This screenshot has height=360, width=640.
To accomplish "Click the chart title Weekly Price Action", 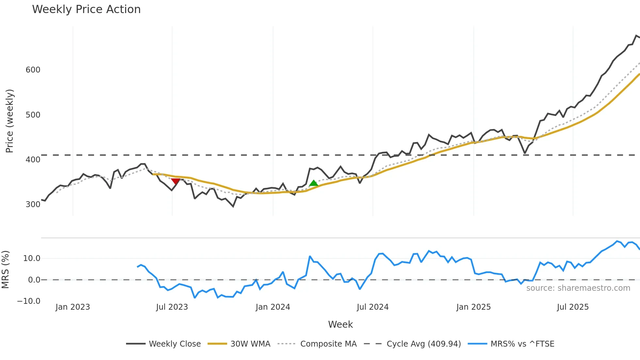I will click(x=86, y=9).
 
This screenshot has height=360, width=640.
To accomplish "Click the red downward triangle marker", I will click(x=176, y=181).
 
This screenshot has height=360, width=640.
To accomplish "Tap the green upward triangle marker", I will click(x=313, y=183).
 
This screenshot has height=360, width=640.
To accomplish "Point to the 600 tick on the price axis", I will click(x=33, y=70).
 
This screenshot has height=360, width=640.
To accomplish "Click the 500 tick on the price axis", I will click(x=33, y=115).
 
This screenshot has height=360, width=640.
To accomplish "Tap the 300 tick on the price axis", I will click(x=33, y=205).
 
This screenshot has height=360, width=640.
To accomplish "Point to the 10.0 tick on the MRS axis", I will click(x=32, y=258).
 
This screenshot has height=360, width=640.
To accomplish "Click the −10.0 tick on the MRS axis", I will click(x=29, y=301).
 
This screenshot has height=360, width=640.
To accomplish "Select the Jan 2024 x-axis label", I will click(x=273, y=307).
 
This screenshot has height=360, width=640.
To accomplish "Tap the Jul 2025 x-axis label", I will click(x=573, y=307).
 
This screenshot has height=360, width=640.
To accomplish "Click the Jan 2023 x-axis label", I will click(x=72, y=307).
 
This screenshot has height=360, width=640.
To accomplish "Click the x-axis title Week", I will click(x=340, y=324).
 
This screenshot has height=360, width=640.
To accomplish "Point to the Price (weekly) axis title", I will click(x=9, y=121).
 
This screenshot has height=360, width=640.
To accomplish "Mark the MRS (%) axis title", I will click(x=5, y=270).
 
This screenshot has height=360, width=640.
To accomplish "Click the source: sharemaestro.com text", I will click(x=578, y=288).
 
